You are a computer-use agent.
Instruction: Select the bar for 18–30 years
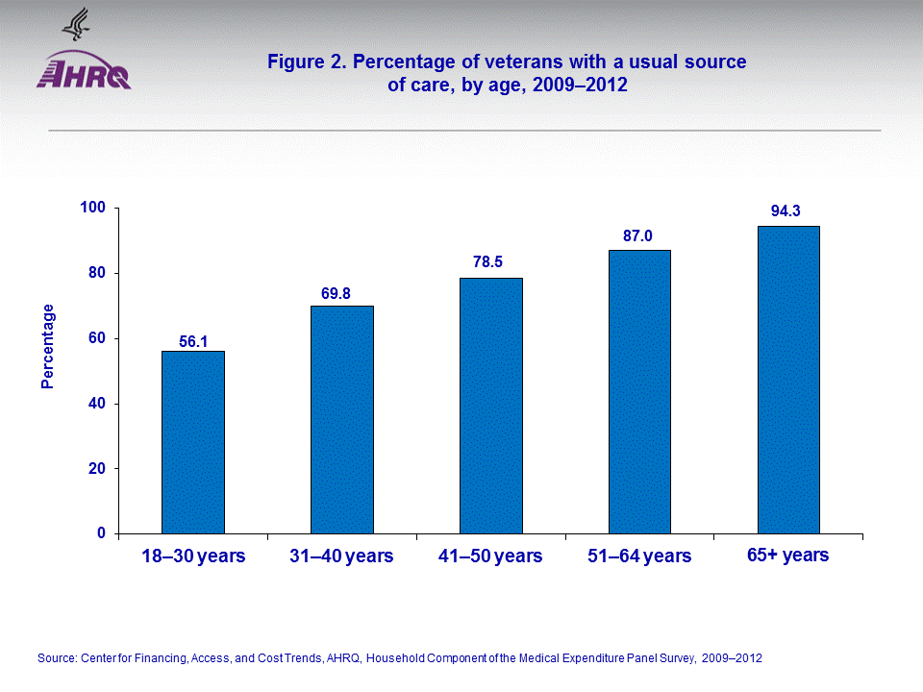[x=193, y=442]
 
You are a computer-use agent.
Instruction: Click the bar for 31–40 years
[x=342, y=419]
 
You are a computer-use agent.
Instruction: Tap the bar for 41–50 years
[x=491, y=406]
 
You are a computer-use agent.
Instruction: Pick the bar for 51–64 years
[x=639, y=391]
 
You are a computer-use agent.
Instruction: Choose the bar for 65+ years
[x=788, y=380]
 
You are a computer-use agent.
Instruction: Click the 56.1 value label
[x=193, y=340]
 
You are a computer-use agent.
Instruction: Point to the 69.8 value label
[x=342, y=295]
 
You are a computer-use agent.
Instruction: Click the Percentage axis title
[x=48, y=346]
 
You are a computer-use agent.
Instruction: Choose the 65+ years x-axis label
[x=787, y=556]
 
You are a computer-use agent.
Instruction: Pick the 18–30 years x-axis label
[x=193, y=556]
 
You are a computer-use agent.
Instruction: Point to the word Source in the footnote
[x=55, y=658]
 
